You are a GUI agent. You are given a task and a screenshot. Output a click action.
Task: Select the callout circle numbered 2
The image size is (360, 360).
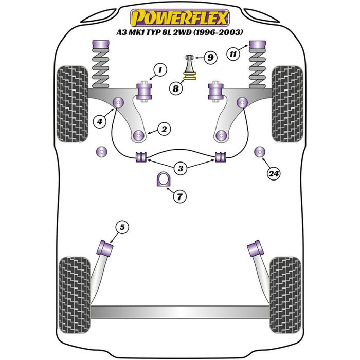tap(164, 130)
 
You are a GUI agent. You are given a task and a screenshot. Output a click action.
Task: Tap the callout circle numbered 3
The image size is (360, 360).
tap(181, 168)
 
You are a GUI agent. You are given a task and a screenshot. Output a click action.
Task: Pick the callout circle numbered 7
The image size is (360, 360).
tap(181, 196)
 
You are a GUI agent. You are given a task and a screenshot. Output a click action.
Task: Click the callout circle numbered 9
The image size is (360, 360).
tap(210, 58)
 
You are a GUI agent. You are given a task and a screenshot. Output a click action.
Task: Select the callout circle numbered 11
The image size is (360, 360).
tap(234, 53)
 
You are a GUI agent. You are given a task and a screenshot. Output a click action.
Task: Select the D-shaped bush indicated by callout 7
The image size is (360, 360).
tap(163, 179)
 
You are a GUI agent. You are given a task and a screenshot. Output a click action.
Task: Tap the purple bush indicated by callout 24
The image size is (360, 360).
tap(260, 152)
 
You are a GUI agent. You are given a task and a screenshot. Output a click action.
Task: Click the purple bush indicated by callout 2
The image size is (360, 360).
tap(138, 136)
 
